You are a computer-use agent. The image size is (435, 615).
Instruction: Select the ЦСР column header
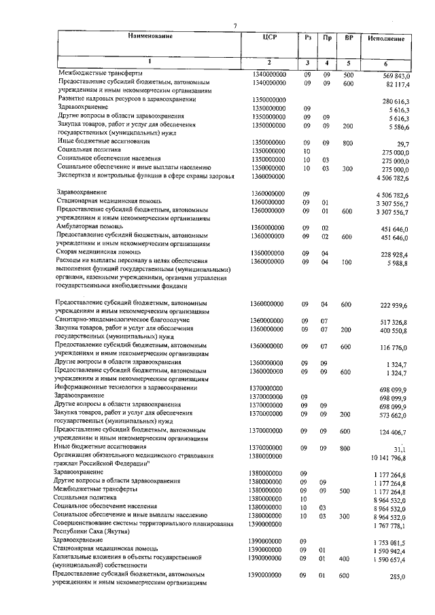point(266,37)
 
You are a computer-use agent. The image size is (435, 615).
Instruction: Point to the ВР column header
point(348,37)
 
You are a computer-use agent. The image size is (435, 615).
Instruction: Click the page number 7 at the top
point(234,26)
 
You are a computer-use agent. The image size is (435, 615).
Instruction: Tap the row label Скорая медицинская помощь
point(98,253)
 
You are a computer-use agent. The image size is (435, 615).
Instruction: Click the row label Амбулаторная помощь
point(88,228)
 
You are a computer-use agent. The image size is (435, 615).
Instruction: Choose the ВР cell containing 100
point(348,262)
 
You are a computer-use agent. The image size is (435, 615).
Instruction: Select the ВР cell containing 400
point(348,557)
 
